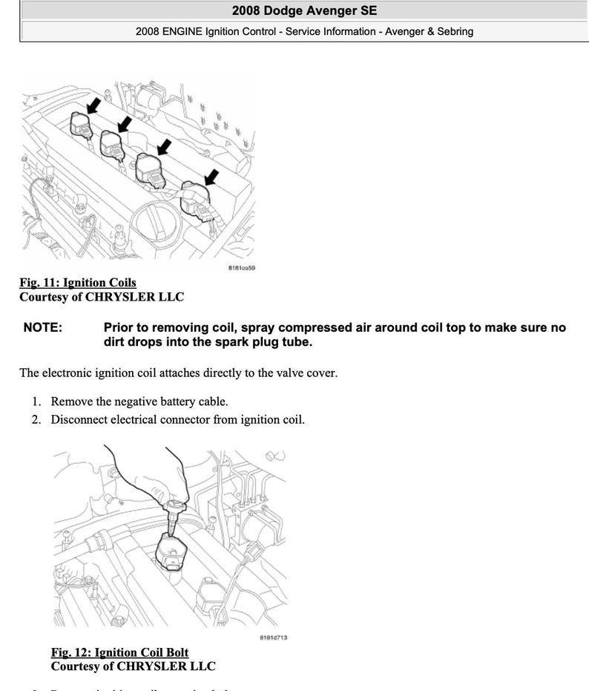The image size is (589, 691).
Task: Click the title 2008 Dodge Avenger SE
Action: (x=304, y=10)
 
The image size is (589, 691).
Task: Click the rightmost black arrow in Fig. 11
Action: (x=213, y=175)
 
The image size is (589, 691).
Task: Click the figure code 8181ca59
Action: (x=241, y=269)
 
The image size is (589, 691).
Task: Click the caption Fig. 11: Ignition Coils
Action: (x=78, y=283)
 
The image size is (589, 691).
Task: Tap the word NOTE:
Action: (x=43, y=327)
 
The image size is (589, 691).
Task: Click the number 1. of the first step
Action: (x=36, y=402)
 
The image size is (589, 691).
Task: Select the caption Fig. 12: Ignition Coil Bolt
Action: (x=119, y=652)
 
